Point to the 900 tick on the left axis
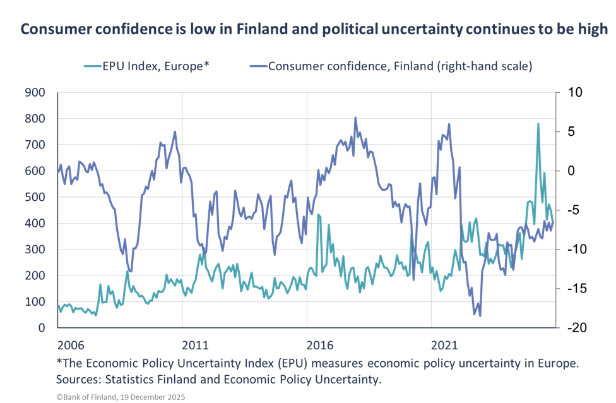coord(35,93)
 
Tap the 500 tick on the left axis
coord(35,197)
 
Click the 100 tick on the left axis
coord(35,301)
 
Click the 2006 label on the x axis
coord(71,346)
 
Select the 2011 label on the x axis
coord(195,346)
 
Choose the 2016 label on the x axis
coord(319,346)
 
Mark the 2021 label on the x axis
coord(444,346)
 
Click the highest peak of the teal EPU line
coord(538,124)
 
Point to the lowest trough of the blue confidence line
coord(480,315)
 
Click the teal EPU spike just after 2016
coord(318,215)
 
